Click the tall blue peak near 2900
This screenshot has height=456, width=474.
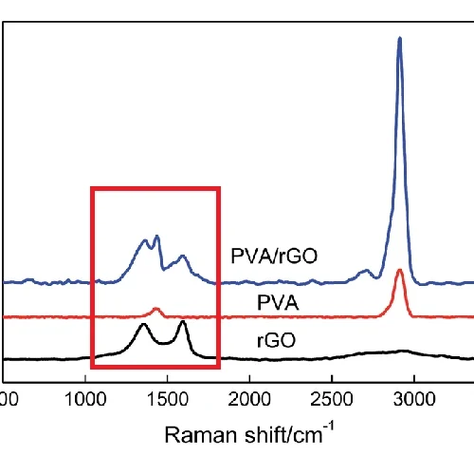(399, 40)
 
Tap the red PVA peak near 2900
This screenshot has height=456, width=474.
(399, 272)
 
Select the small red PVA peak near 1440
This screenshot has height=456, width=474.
(156, 309)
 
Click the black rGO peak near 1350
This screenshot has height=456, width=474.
(143, 326)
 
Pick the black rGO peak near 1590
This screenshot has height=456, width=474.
(182, 323)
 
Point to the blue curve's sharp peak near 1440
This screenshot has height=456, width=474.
(156, 237)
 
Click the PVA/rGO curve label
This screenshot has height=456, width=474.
(273, 256)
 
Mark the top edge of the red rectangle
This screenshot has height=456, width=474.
(155, 188)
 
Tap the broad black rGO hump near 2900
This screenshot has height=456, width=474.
(403, 351)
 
